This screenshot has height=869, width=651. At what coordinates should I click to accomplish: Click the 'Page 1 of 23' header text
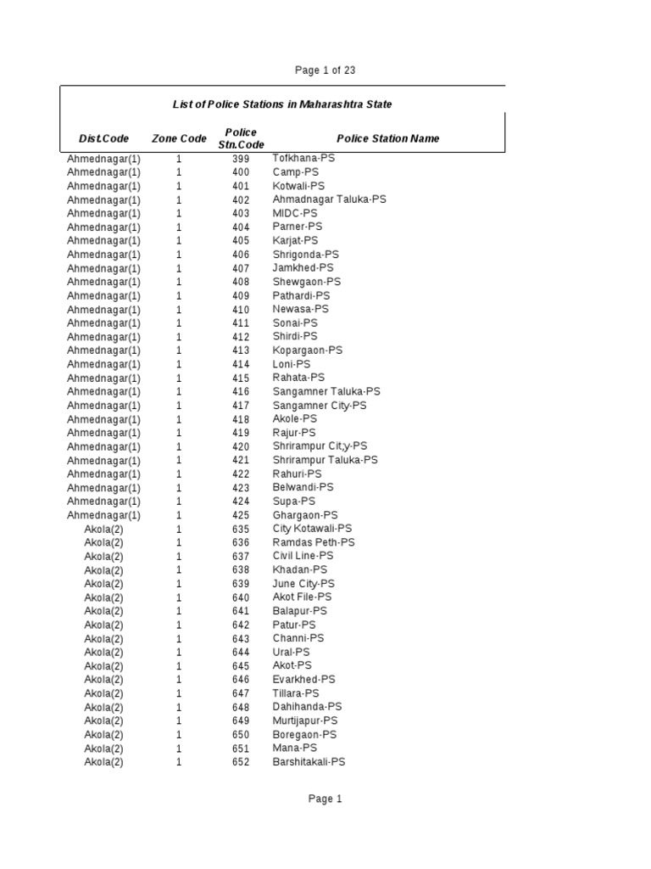(325, 70)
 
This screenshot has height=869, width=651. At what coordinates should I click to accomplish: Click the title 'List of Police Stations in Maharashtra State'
(282, 104)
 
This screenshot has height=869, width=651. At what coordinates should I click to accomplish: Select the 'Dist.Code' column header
(103, 138)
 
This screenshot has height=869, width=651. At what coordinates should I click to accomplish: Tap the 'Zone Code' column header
(179, 138)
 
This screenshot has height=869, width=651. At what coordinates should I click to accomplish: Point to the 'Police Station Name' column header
(387, 138)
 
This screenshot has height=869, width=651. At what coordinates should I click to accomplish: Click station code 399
(241, 159)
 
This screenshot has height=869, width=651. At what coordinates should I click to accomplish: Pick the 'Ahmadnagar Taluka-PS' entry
(329, 199)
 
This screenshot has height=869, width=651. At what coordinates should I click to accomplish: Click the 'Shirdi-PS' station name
(295, 337)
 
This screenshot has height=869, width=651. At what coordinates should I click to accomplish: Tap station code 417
(241, 406)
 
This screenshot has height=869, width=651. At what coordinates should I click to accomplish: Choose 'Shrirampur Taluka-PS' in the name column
(325, 460)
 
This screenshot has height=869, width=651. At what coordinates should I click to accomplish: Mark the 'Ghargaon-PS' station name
(305, 515)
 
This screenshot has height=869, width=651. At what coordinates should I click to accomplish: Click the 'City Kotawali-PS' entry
(312, 529)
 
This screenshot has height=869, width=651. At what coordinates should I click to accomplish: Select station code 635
(241, 529)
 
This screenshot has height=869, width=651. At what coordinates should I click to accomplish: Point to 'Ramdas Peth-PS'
(314, 542)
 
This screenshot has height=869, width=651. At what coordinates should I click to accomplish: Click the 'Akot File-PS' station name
(303, 597)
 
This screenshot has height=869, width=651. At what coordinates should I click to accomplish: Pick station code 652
(241, 762)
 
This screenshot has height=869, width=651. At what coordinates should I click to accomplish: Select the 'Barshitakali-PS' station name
(309, 762)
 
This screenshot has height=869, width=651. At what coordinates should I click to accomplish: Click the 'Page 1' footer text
(325, 799)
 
